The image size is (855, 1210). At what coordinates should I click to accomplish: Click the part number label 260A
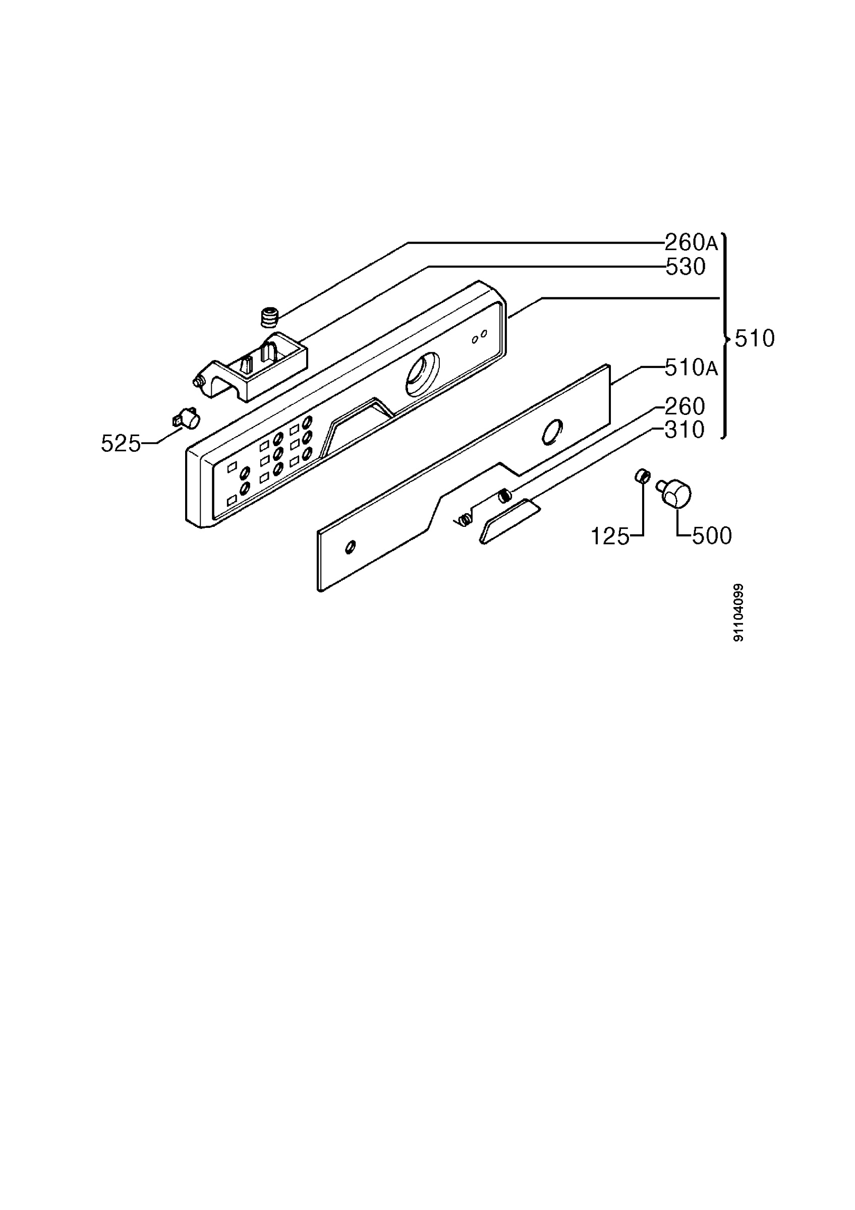[691, 243]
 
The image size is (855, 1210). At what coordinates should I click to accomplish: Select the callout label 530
[686, 267]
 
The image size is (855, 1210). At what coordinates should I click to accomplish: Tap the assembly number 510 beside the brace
[755, 338]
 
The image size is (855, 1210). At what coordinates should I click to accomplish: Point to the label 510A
[691, 368]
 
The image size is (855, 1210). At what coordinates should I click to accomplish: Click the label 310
[685, 430]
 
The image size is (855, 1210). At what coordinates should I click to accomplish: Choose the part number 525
[121, 444]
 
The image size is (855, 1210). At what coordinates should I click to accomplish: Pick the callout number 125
[610, 536]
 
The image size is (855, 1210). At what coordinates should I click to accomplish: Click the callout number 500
[712, 536]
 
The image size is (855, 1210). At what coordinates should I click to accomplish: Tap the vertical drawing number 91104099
[738, 613]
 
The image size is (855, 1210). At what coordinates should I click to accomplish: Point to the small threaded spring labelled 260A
[269, 318]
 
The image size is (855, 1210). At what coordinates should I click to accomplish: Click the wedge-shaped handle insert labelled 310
[509, 521]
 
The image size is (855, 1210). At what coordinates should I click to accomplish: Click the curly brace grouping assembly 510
[725, 336]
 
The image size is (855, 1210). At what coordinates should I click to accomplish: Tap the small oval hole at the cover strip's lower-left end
[350, 547]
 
